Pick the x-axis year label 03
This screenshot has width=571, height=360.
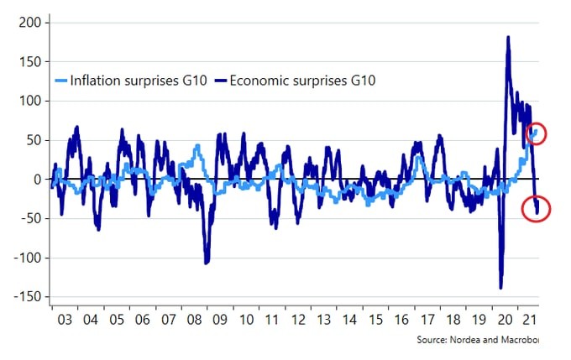[x=61, y=321]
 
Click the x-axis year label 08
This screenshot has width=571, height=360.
[x=196, y=321]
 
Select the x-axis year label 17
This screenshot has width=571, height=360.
[x=427, y=321]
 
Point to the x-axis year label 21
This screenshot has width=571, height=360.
[x=528, y=321]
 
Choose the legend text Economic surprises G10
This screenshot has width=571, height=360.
[x=303, y=81]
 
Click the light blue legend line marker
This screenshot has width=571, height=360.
[x=60, y=81]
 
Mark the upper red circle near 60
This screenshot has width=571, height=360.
[x=533, y=133]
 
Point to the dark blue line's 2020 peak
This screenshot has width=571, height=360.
[x=508, y=37]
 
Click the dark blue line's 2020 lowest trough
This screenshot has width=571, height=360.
[x=500, y=288]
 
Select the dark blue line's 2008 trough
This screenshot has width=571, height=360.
[x=207, y=263]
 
